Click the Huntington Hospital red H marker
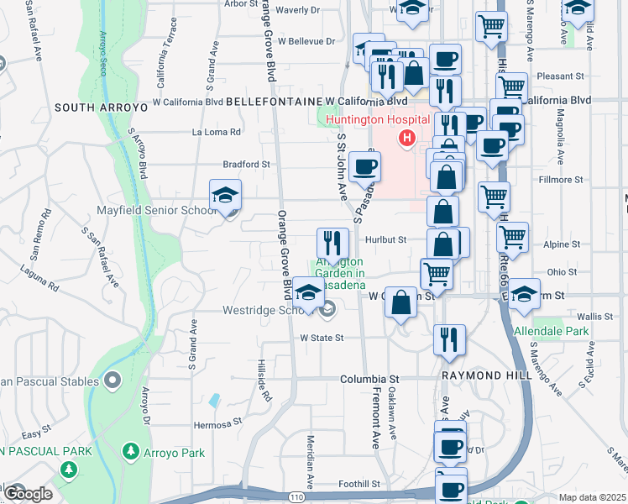(407, 138)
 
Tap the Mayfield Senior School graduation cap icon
(225, 196)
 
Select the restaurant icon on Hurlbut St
(332, 244)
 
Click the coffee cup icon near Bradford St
(364, 167)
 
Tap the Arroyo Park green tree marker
(130, 452)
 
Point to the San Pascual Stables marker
(113, 381)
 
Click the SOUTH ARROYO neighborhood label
(101, 108)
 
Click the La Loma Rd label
(217, 132)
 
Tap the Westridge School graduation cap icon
(309, 296)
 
